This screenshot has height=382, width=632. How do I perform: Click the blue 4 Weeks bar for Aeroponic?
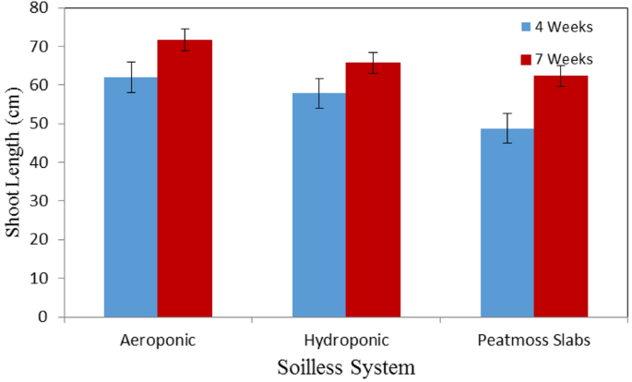pos(130,197)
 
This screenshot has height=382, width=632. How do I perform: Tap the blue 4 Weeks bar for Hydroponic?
pos(318,205)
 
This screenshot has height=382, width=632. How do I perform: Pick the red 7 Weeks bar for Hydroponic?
pos(373,190)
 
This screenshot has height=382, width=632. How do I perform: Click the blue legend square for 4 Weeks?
pos(526,27)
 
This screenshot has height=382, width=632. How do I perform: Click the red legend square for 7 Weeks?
pos(526,59)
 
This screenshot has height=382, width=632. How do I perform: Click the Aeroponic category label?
pos(158,340)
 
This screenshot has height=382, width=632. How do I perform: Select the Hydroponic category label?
pos(346,340)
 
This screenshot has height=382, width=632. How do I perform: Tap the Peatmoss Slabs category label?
pos(533,340)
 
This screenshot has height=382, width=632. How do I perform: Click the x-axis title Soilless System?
pos(346,366)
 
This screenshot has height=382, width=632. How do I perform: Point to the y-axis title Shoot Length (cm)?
pos(13,161)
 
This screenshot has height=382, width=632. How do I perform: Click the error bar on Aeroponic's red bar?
pos(185,40)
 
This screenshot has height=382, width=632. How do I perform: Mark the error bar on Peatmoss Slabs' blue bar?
pos(507,128)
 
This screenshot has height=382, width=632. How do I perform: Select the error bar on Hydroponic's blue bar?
pos(318,93)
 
